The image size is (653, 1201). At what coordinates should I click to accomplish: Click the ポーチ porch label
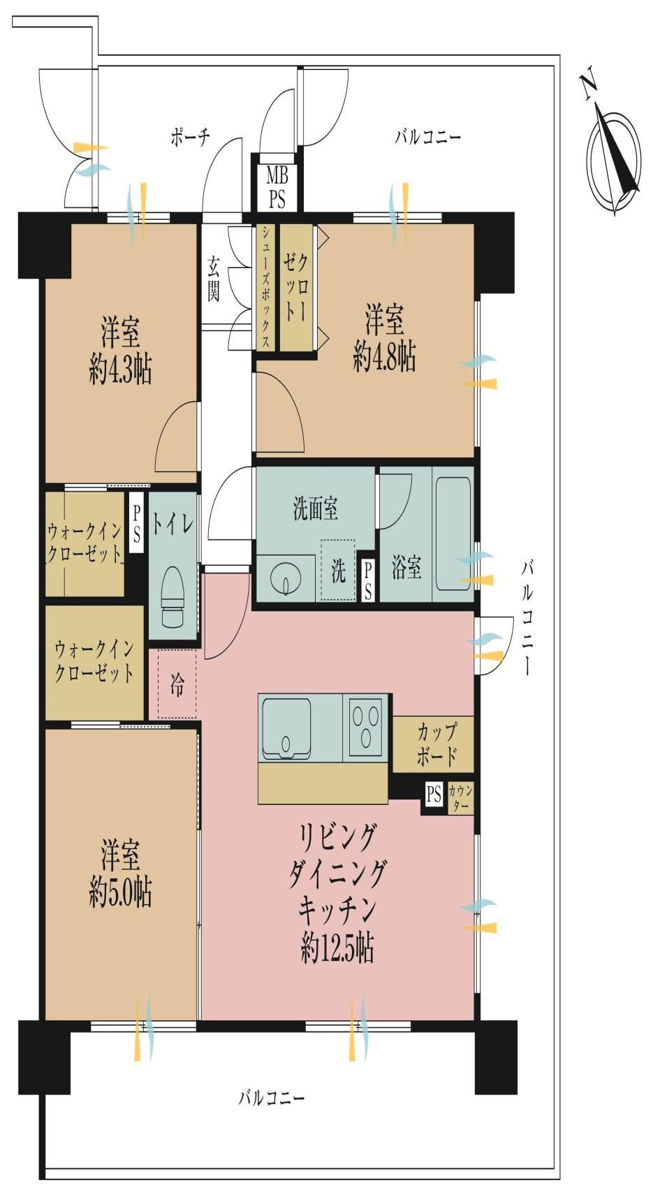(x=190, y=137)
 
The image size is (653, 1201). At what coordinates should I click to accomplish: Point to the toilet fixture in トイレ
(x=173, y=596)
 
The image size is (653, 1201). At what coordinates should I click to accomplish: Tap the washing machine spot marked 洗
(x=338, y=571)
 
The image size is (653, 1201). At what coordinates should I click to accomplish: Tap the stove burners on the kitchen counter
(x=367, y=725)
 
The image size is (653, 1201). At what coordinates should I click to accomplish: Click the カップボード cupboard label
(x=436, y=744)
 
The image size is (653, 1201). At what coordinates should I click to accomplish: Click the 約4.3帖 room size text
(x=120, y=371)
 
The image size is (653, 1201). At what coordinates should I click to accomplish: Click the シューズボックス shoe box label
(x=266, y=287)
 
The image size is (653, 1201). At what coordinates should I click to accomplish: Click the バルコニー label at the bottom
(x=271, y=1098)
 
